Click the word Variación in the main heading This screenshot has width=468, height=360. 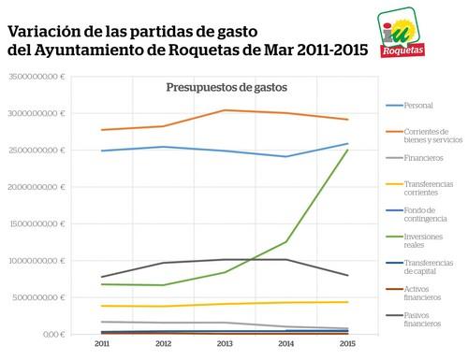point(44,30)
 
